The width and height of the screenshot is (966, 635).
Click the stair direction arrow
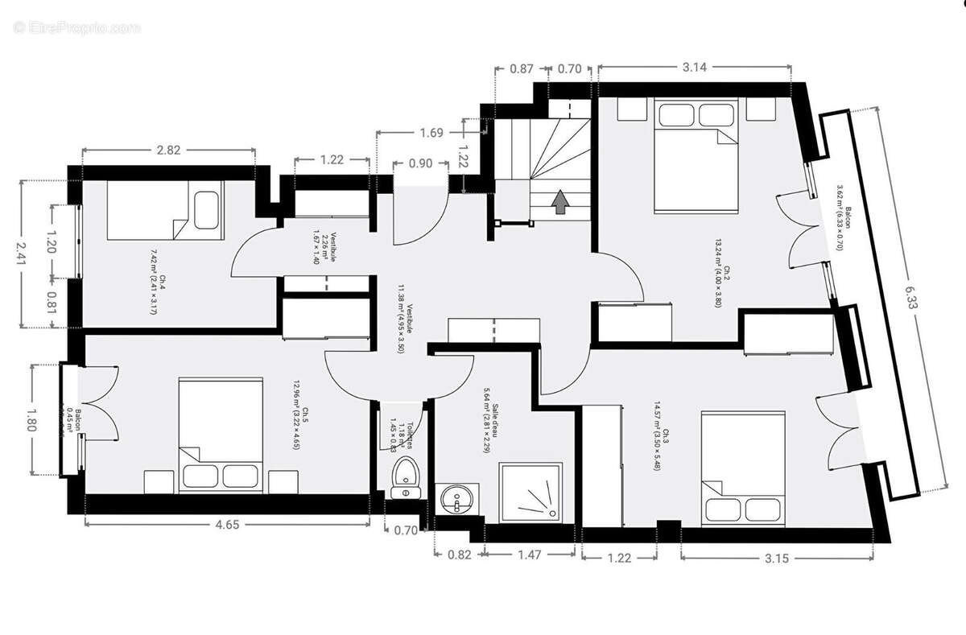click(559, 201)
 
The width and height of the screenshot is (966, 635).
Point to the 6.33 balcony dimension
click(912, 299)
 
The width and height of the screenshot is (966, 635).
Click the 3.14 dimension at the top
click(694, 68)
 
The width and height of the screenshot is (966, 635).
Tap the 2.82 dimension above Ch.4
click(168, 149)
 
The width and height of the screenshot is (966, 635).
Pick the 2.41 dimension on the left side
click(23, 254)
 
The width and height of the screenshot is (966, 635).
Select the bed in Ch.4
click(153, 209)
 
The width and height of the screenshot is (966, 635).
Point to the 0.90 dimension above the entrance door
click(420, 163)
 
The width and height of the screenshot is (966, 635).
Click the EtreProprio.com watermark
click(76, 27)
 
